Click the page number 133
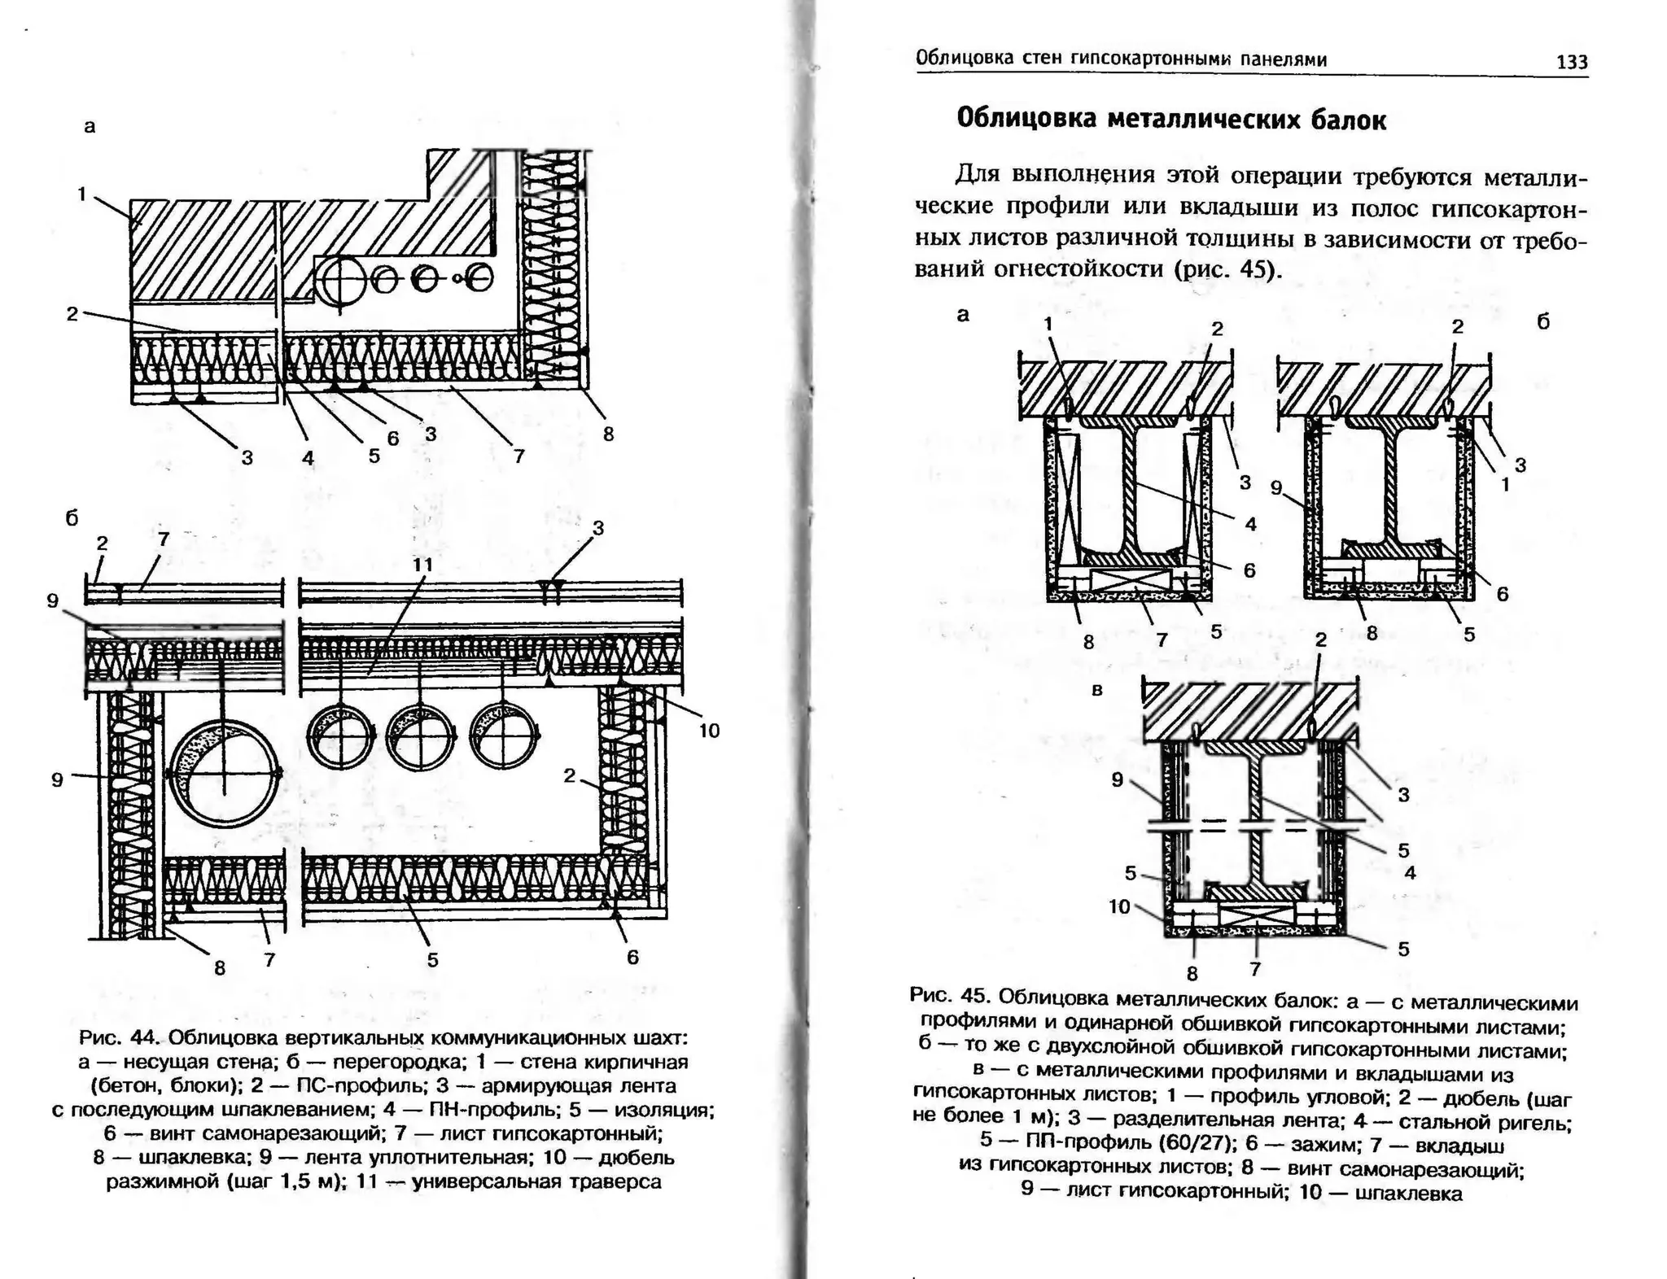pos(1571,63)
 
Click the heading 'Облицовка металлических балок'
pos(1170,120)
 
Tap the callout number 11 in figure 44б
pos(422,564)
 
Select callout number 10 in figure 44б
pos(709,731)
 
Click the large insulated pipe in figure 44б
pos(224,774)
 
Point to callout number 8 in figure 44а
pos(608,434)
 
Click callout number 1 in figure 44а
pos(82,194)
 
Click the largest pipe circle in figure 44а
pos(343,281)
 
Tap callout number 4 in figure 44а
pos(308,458)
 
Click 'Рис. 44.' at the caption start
pos(114,1038)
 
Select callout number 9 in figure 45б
pos(1276,487)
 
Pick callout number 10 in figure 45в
pos(1120,906)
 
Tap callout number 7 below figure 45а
pos(1162,640)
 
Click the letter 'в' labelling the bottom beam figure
pos(1096,689)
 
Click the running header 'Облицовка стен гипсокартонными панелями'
pos(1121,59)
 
